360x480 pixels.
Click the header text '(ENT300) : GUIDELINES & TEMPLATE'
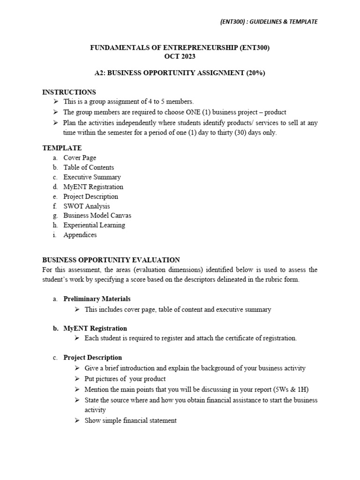pyautogui.click(x=268, y=22)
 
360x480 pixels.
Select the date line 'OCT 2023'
pyautogui.click(x=180, y=57)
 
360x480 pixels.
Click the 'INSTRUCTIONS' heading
pyautogui.click(x=69, y=92)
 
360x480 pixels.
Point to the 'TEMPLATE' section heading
pyautogui.click(x=62, y=148)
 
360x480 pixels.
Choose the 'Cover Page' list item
pyautogui.click(x=80, y=158)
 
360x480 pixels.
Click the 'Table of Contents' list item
pyautogui.click(x=89, y=167)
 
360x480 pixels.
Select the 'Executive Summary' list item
pyautogui.click(x=92, y=177)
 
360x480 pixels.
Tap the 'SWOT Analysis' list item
pyautogui.click(x=87, y=206)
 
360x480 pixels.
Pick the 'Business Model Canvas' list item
pyautogui.click(x=97, y=216)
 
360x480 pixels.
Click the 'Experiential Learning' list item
pyautogui.click(x=94, y=225)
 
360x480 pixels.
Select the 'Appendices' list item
pyautogui.click(x=80, y=235)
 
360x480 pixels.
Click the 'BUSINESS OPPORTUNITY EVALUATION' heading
pyautogui.click(x=111, y=260)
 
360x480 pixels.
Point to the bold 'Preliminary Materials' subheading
pyautogui.click(x=97, y=299)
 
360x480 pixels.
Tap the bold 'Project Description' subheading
pyautogui.click(x=92, y=357)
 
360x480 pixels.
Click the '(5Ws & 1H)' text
pyautogui.click(x=292, y=390)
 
